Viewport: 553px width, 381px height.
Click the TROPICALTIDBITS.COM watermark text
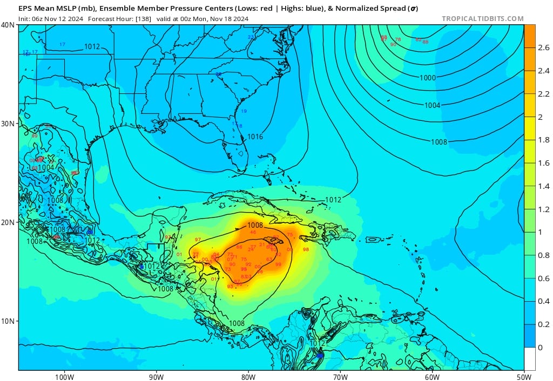point(482,18)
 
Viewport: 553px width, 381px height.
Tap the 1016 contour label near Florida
point(255,137)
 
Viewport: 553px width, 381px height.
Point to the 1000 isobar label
point(427,78)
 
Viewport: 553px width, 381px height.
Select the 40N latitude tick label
point(8,25)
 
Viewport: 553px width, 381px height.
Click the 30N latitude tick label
point(8,124)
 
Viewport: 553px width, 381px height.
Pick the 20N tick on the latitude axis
point(8,222)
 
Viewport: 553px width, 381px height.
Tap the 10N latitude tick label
point(8,321)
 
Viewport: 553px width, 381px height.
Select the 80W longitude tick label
point(248,376)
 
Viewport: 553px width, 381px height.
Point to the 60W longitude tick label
point(432,376)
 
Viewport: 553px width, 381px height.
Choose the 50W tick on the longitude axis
point(523,376)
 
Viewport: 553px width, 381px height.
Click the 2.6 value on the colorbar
point(543,47)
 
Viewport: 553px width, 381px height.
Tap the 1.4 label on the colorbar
point(543,186)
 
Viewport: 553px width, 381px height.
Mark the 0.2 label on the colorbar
point(543,324)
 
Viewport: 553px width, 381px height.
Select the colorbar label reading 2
point(540,117)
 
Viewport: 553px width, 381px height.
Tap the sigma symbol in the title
point(413,9)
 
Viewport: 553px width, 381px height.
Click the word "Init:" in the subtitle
point(25,18)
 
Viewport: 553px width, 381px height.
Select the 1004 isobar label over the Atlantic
point(432,105)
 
